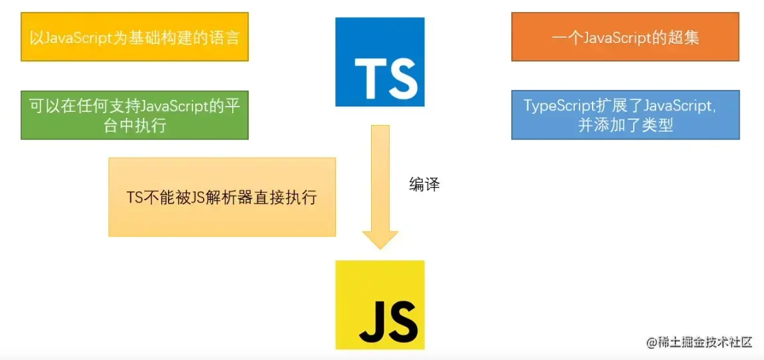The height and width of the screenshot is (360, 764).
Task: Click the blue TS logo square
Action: pos(380,62)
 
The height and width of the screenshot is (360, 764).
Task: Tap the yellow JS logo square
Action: pos(380,304)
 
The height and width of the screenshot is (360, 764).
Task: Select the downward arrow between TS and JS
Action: pos(380,185)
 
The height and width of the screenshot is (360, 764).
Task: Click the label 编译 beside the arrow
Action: pos(424,185)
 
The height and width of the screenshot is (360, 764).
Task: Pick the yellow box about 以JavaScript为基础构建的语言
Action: pos(134,36)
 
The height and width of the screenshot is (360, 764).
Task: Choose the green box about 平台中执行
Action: pos(134,115)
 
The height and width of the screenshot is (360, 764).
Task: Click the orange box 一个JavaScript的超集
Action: pos(625,36)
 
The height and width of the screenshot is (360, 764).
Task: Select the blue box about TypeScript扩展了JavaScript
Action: pos(625,115)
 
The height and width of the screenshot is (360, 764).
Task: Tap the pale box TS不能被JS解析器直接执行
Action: pos(222,197)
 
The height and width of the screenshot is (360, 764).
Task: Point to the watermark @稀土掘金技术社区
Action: pos(699,342)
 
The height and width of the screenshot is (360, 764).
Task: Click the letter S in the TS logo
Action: pos(402,78)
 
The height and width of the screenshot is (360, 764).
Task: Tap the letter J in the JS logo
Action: pos(371,322)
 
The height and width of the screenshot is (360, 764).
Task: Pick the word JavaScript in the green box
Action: pos(174,106)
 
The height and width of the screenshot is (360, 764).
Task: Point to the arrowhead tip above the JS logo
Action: pos(380,247)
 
